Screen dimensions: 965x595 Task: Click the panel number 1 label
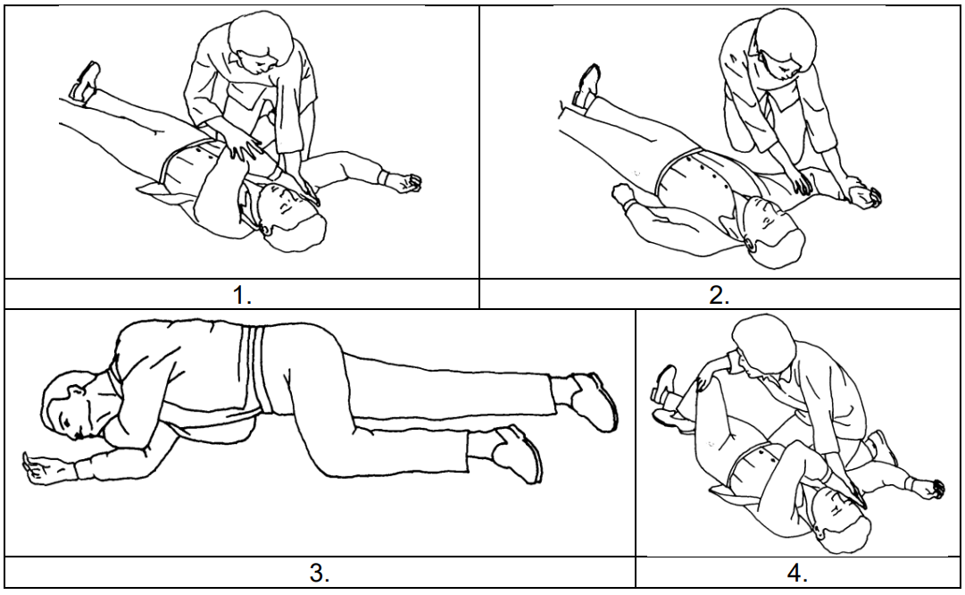[x=242, y=296]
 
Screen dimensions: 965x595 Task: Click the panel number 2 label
[x=719, y=296]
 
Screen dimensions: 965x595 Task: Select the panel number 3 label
[x=319, y=574]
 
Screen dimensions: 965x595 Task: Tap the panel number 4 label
[x=797, y=574]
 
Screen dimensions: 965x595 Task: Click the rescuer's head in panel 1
[x=261, y=42]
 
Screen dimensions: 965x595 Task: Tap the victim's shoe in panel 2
[x=586, y=87]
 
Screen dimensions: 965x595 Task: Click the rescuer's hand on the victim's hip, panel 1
[x=241, y=147]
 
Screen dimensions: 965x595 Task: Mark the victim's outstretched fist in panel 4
[x=930, y=488]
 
